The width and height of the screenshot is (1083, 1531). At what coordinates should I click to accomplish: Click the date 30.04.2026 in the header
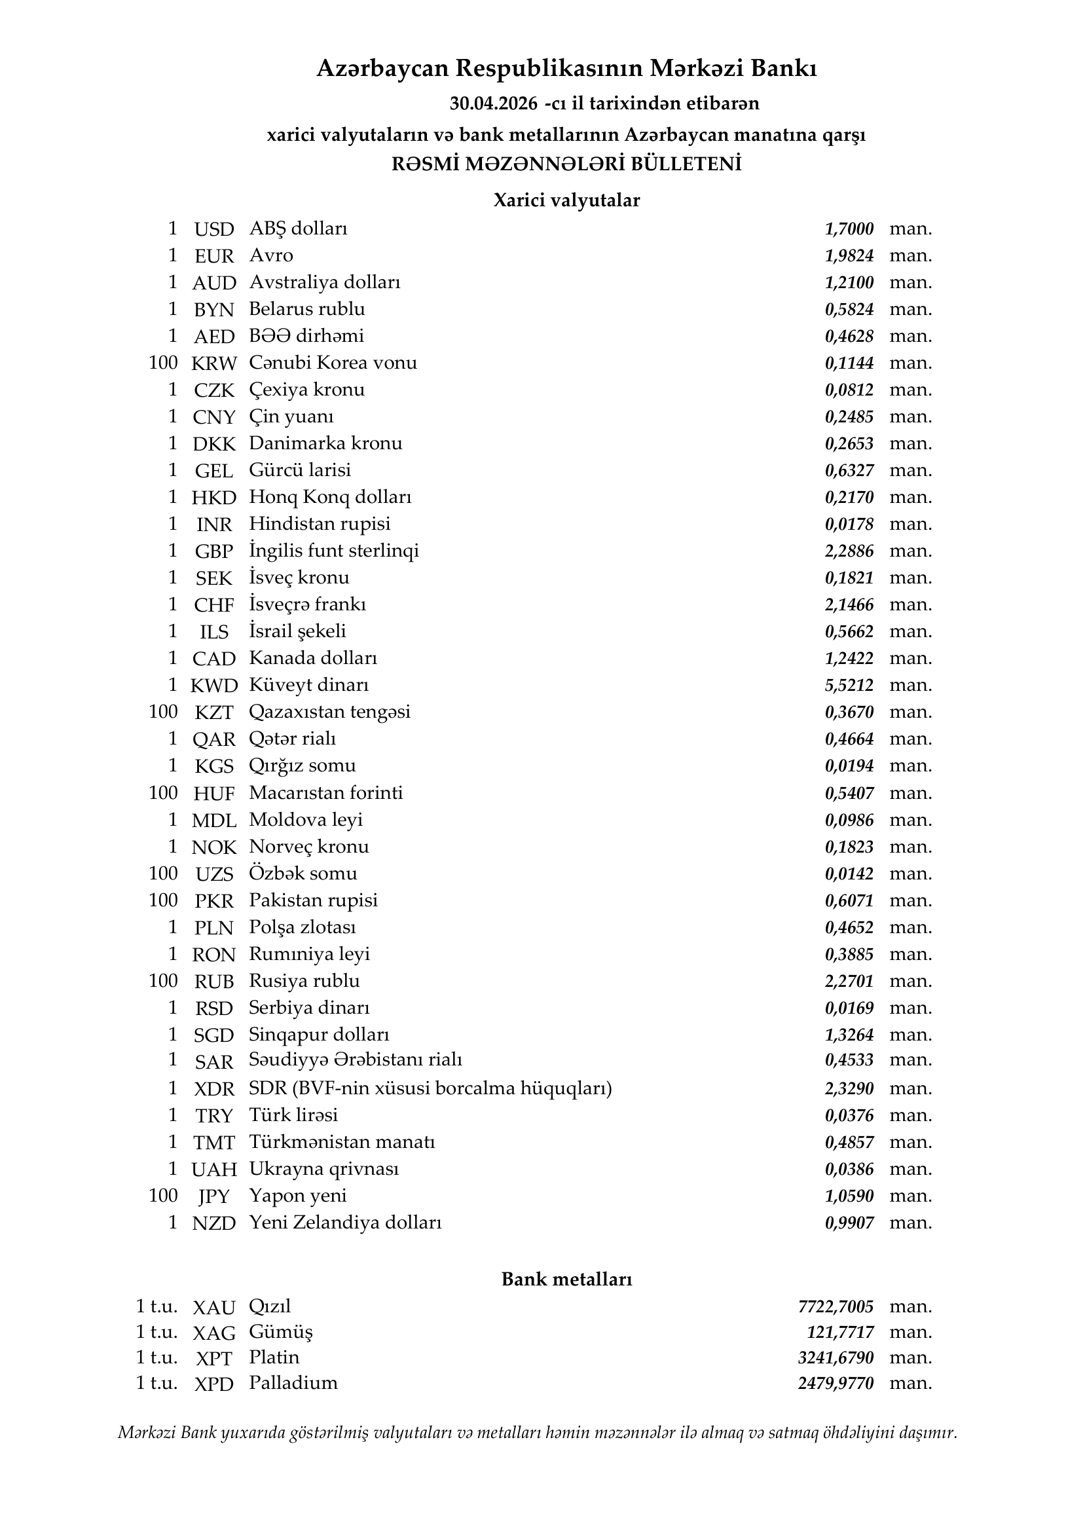(493, 104)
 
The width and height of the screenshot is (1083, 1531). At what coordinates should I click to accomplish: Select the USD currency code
(214, 229)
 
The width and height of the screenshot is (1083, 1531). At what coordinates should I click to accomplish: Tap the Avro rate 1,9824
(849, 256)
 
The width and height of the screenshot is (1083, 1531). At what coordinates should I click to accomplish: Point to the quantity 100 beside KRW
(163, 363)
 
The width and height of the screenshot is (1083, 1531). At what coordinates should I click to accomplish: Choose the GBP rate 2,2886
(849, 551)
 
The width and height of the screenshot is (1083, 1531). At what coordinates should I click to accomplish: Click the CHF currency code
(214, 605)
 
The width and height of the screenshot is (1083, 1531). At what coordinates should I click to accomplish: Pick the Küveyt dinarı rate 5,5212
(849, 686)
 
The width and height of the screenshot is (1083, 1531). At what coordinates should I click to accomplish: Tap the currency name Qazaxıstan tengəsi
(329, 712)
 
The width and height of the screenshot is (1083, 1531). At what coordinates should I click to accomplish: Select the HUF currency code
(214, 794)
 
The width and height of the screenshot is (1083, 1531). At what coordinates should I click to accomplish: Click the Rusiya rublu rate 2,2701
(849, 982)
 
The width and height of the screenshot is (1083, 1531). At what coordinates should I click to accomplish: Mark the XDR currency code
(214, 1089)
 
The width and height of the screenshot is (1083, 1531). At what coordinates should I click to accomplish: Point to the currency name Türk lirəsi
(293, 1115)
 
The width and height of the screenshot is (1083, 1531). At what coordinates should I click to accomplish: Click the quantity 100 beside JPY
(163, 1196)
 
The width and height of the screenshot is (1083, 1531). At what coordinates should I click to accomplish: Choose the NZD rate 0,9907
(849, 1223)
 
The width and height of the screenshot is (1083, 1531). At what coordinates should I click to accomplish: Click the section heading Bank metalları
(566, 1279)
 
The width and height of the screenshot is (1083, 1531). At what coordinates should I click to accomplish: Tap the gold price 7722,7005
(835, 1306)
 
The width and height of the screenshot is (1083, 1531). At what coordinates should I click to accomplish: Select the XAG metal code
(214, 1333)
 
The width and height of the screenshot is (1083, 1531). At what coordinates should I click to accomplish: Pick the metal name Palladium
(293, 1383)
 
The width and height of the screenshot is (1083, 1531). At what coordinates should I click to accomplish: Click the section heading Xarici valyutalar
(566, 200)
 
